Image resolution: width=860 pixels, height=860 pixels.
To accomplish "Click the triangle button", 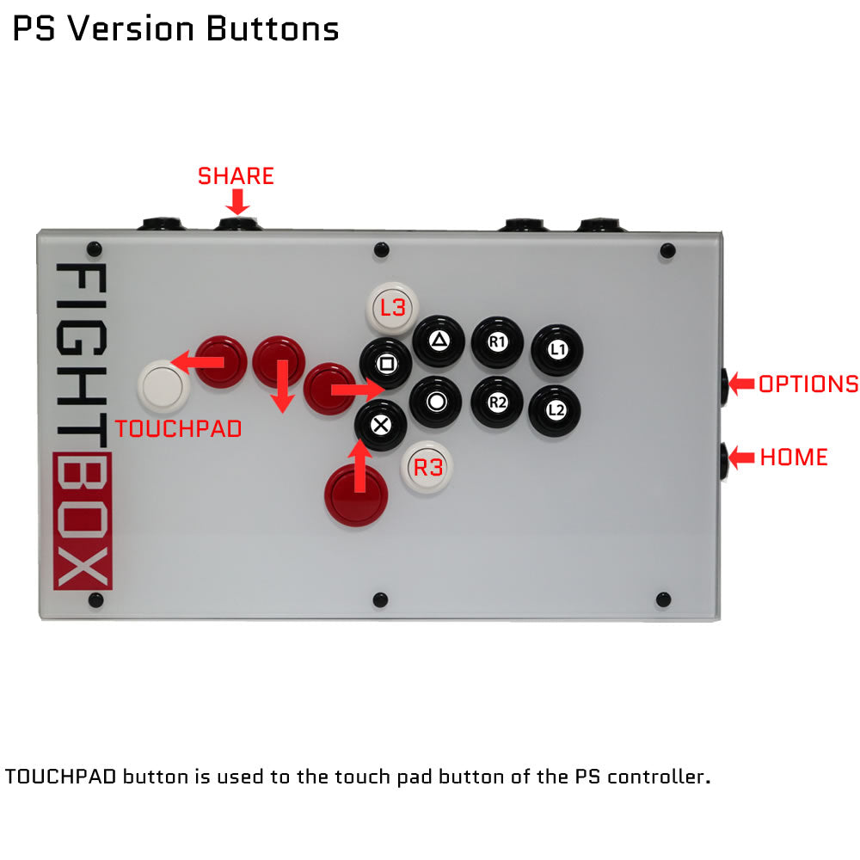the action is (439, 341).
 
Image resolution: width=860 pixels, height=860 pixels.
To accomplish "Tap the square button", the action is (385, 364).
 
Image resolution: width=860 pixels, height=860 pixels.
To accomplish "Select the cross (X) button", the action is (381, 425).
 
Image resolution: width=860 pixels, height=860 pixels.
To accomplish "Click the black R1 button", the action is (497, 343).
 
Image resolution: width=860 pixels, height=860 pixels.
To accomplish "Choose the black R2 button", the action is (497, 402).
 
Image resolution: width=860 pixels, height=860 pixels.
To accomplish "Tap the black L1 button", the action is (556, 350).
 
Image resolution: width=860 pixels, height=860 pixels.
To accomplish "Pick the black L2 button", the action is (555, 410).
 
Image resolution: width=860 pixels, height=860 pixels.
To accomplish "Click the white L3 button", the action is (392, 308).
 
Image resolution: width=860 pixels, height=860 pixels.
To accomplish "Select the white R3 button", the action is (427, 467).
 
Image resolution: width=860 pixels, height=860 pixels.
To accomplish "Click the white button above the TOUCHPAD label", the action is (163, 386).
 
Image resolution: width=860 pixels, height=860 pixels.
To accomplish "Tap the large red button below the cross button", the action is (356, 495).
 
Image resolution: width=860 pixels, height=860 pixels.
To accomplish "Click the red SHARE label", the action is (236, 176).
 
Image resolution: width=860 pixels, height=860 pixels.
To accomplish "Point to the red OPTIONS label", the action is (808, 384).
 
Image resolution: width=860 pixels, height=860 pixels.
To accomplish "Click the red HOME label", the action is (794, 458).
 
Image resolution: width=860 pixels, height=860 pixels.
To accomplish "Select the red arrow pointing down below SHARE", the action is (237, 202).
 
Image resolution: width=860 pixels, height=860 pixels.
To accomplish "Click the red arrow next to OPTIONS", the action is (742, 384).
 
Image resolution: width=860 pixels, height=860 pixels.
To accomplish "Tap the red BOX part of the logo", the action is (83, 521).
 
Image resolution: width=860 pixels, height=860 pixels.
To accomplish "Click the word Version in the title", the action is (131, 28).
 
